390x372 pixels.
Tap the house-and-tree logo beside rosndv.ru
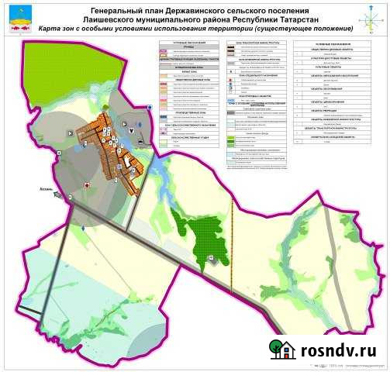click(x=283, y=350)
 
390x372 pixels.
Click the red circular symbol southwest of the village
click(x=87, y=186)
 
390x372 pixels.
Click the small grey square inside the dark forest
click(x=209, y=257)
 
